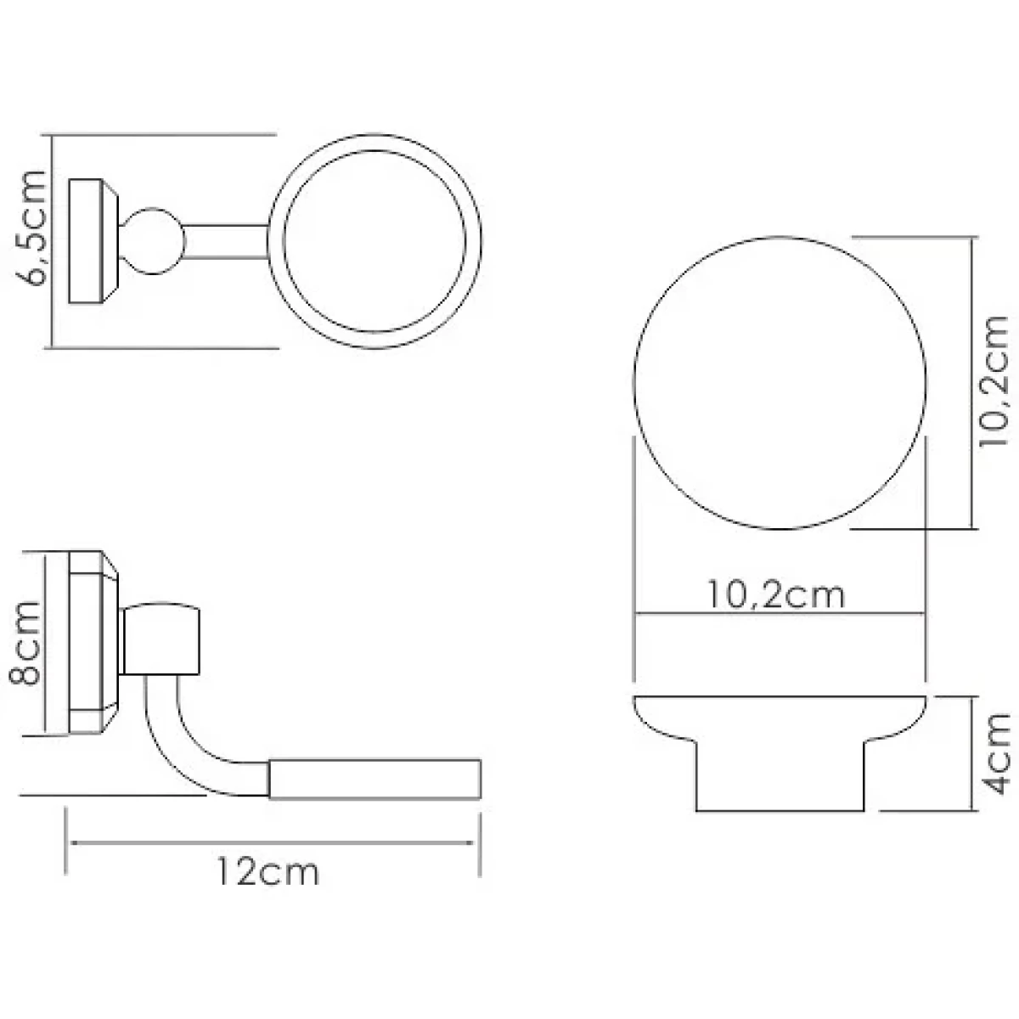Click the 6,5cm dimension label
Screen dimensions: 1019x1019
tap(31, 228)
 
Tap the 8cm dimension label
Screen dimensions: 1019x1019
tap(25, 643)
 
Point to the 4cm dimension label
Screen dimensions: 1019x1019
tap(996, 754)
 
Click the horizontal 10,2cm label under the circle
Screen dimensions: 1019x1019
tap(776, 595)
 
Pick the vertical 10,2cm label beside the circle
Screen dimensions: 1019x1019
tap(994, 380)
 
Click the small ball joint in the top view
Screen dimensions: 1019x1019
tap(152, 241)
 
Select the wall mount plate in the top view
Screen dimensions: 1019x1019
tap(93, 241)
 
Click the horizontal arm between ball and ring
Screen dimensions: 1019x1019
tap(227, 242)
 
